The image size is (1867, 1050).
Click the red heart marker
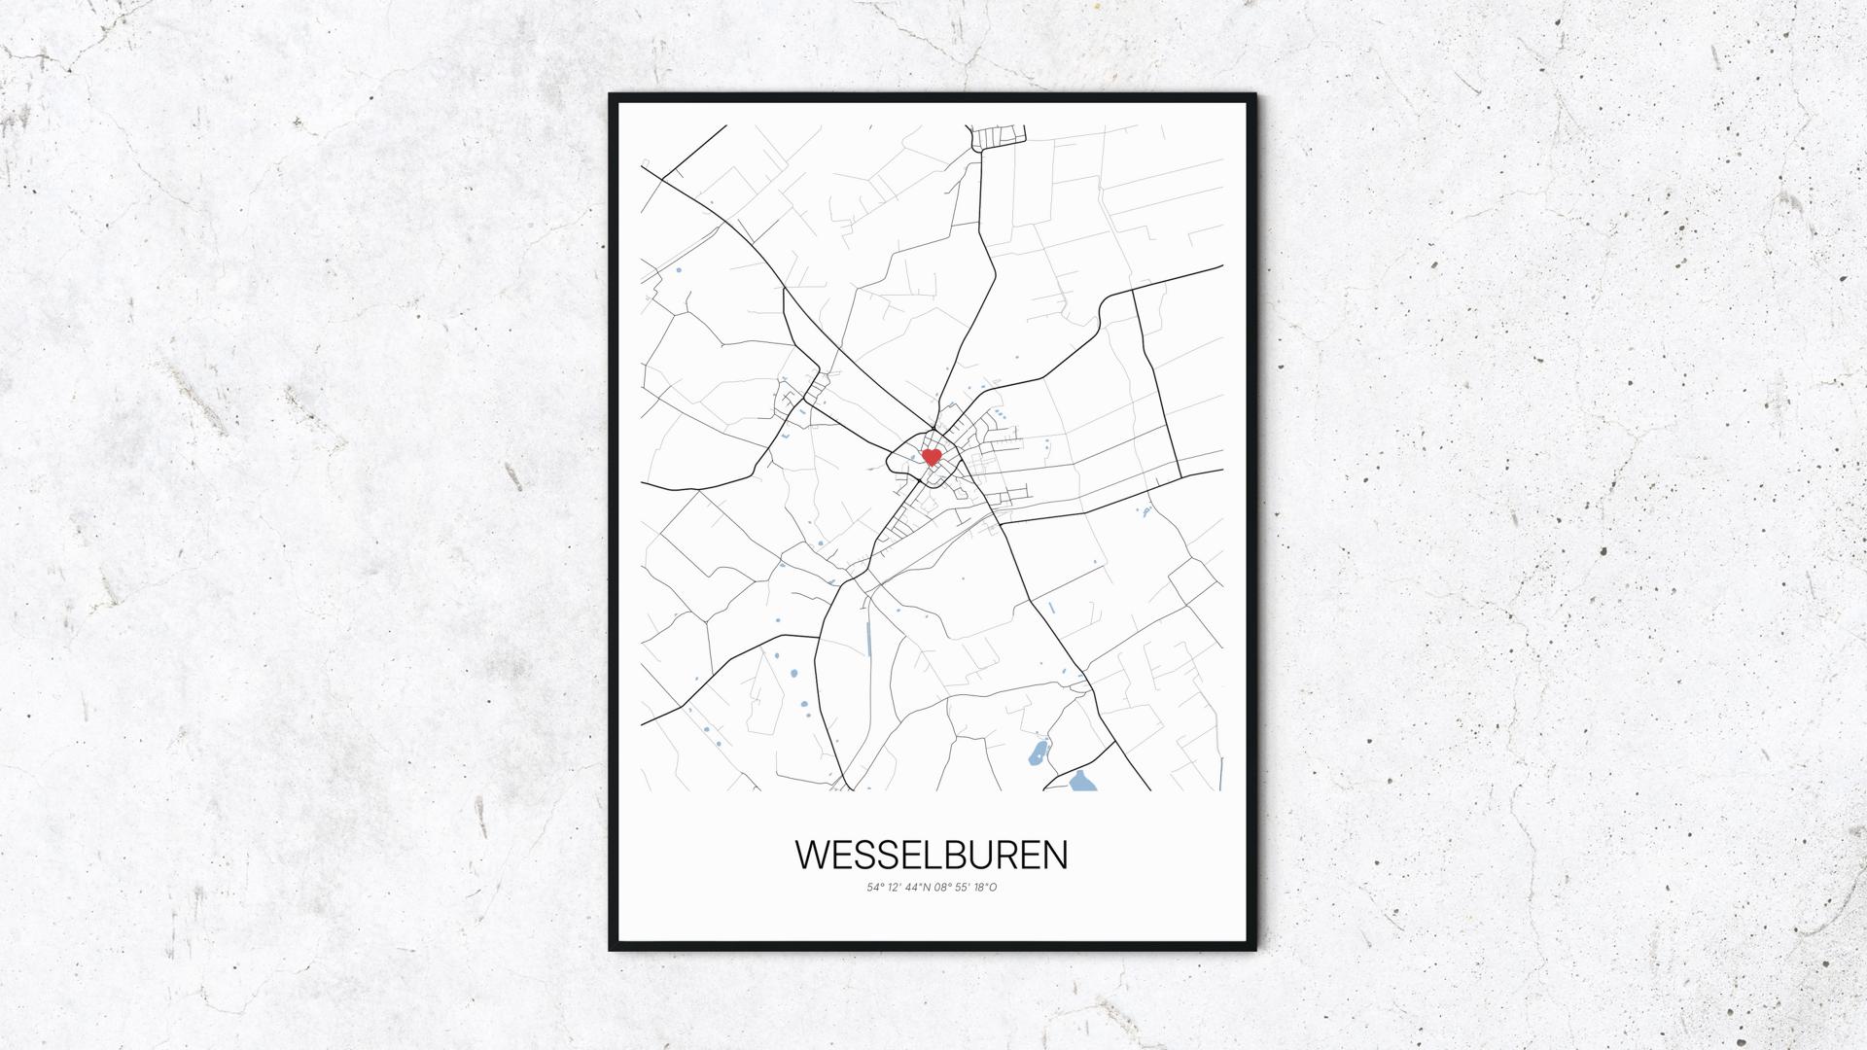point(931,456)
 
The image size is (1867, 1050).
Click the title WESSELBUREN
point(932,855)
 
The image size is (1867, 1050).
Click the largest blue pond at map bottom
point(1080,781)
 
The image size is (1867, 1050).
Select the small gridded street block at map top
point(998,137)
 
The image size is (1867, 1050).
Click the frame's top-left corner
point(612,96)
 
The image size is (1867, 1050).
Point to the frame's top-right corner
point(1253,96)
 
